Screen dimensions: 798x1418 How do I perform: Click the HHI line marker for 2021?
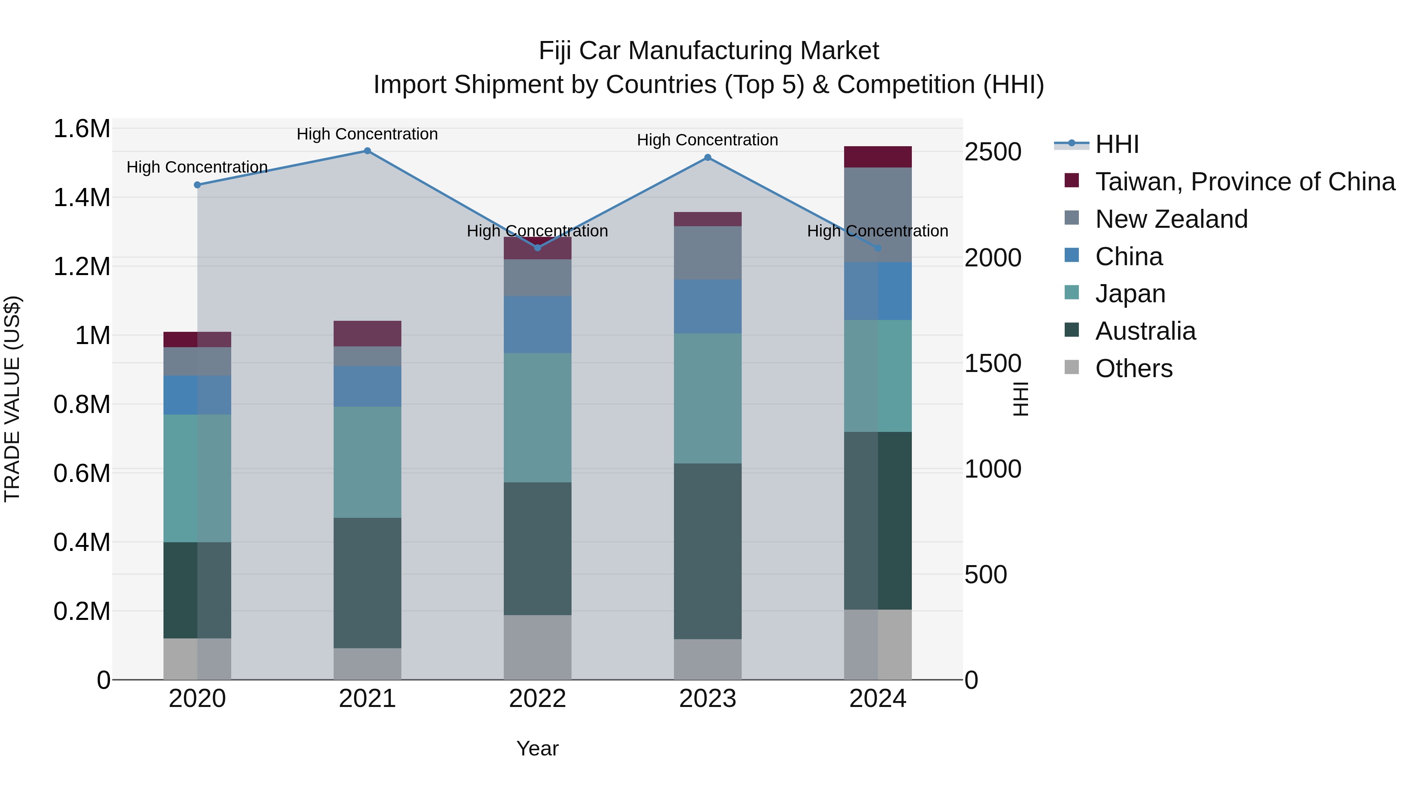[367, 151]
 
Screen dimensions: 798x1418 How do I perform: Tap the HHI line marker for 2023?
[707, 158]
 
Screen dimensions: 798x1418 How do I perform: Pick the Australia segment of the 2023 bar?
[707, 551]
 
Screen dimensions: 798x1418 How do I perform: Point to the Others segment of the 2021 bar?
[367, 664]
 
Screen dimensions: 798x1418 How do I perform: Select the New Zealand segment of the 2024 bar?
[878, 215]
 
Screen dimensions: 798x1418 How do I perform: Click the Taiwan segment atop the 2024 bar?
[878, 157]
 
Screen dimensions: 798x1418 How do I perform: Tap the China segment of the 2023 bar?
[707, 306]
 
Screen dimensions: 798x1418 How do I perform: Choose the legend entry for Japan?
[1130, 294]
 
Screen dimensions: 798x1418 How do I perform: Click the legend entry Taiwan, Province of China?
[1244, 182]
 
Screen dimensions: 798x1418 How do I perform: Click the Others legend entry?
[1133, 368]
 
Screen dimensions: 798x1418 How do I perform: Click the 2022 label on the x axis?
[537, 699]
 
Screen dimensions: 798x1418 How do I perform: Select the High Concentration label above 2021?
[367, 134]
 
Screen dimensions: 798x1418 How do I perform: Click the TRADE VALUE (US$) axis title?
[12, 399]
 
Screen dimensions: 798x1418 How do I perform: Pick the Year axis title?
[537, 748]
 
